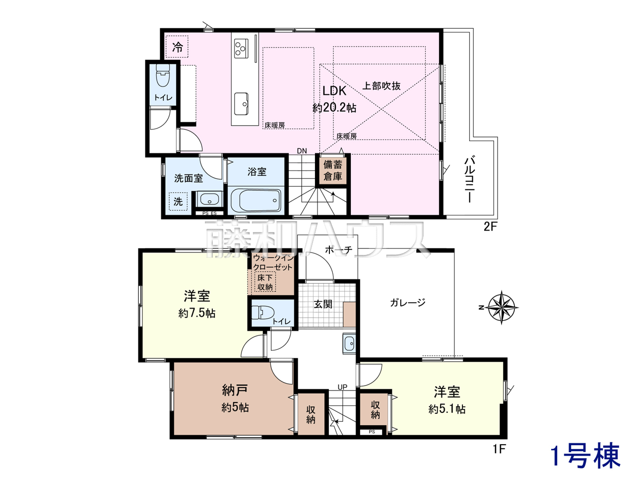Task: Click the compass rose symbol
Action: click(x=502, y=308)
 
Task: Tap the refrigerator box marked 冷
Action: click(x=177, y=47)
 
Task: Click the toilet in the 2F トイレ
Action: click(x=163, y=76)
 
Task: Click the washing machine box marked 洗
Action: click(x=178, y=201)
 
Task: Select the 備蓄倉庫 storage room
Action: click(x=333, y=170)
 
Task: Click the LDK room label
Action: click(x=334, y=91)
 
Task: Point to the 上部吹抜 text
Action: click(x=381, y=86)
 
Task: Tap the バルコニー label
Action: click(x=469, y=179)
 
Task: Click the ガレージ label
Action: click(x=407, y=303)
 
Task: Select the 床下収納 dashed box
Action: click(x=265, y=282)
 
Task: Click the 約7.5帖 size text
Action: click(x=197, y=313)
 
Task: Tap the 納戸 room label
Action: click(x=235, y=390)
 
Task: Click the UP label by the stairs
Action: click(x=342, y=387)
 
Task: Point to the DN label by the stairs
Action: click(x=302, y=151)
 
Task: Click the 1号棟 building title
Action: click(x=585, y=456)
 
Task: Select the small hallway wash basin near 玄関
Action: click(x=349, y=344)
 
